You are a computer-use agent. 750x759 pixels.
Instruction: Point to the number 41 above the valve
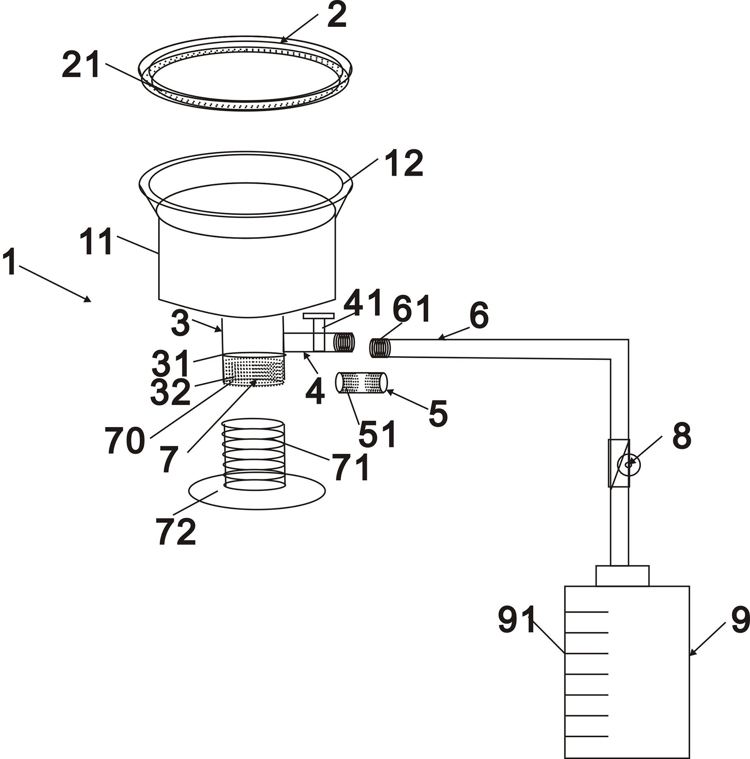[362, 302]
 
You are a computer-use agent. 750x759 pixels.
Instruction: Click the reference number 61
[412, 309]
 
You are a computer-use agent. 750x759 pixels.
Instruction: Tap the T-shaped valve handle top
[318, 316]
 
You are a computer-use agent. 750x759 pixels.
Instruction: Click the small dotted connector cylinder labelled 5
[361, 382]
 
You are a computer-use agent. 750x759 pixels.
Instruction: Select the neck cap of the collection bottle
[622, 576]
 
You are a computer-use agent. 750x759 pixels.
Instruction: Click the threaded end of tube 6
[380, 348]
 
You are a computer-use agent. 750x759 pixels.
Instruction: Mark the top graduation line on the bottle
[586, 612]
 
